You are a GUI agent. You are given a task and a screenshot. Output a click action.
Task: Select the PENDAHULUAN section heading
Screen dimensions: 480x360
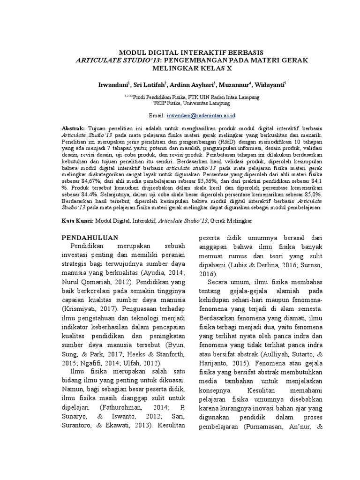coord(90,237)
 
